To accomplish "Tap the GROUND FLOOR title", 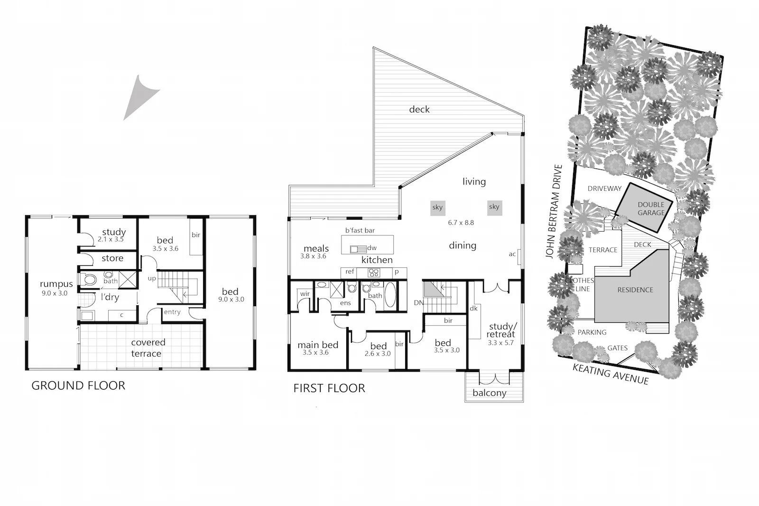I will (x=78, y=385).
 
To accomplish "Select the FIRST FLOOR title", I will (x=329, y=388).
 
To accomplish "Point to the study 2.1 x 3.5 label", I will (x=113, y=235).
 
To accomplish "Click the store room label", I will (x=112, y=258).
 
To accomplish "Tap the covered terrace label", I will (x=148, y=348).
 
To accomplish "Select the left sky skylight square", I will (x=437, y=207).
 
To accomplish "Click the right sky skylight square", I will (x=494, y=207).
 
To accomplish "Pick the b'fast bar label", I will (x=360, y=230).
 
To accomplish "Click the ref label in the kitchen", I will (x=350, y=272).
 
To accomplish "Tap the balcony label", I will (x=489, y=393).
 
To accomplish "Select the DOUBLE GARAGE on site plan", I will (x=651, y=208).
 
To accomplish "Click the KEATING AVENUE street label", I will (x=611, y=374).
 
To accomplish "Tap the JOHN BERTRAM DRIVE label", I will (x=554, y=212).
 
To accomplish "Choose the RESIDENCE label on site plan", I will (x=635, y=290).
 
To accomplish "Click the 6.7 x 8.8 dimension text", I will (x=461, y=222).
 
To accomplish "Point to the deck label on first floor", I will (x=419, y=110).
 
